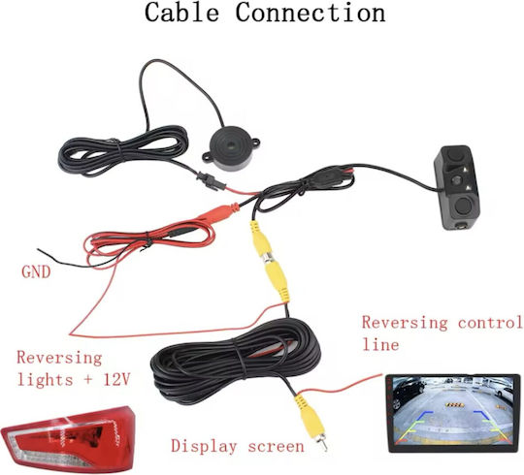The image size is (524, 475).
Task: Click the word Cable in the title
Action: coord(181,13)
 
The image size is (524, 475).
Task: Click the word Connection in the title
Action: coord(311,13)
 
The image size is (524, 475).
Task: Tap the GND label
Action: coord(36,272)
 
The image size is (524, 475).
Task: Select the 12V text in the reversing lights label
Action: coord(116,380)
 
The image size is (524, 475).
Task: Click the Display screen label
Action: coord(238,446)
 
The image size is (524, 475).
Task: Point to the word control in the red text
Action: coord(489,323)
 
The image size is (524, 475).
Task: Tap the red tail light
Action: coord(69,438)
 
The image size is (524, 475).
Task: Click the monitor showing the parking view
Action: coord(453,413)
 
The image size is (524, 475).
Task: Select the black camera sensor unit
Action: coord(457,187)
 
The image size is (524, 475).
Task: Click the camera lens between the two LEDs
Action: coord(456,180)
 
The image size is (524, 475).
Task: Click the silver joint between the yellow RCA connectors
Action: coord(268,258)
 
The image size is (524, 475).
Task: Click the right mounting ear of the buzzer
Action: coord(255,143)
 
